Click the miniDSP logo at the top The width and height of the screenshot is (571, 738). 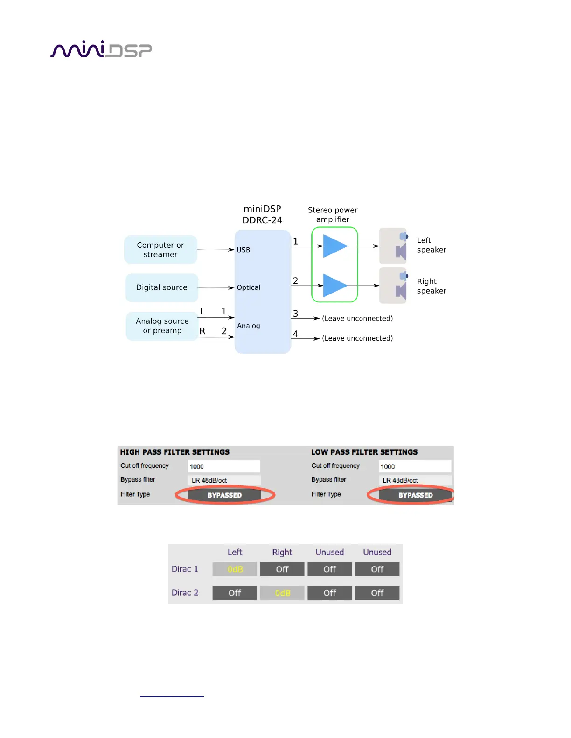101,49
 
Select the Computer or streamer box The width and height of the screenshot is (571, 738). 160,250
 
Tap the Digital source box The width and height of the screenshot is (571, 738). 161,287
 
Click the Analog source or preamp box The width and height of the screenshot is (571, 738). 162,326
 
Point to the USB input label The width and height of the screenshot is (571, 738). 243,250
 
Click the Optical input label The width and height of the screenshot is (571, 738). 248,287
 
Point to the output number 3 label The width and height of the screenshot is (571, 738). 295,314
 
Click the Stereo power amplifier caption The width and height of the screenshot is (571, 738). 333,215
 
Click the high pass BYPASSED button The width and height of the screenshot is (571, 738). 224,495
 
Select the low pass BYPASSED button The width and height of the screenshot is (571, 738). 415,495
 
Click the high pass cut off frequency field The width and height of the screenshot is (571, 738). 224,466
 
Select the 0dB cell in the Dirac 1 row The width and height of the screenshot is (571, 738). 235,569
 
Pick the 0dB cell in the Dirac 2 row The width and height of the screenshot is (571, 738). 282,593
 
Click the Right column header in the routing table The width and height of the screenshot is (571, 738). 282,552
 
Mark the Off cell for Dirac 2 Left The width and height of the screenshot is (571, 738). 235,593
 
